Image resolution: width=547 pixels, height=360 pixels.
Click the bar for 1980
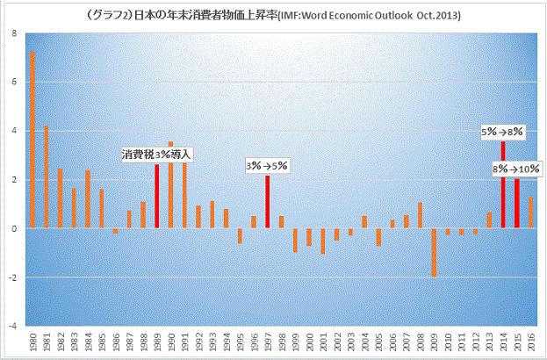(32, 140)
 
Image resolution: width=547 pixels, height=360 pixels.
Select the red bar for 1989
(157, 196)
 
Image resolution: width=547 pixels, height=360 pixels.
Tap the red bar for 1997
(267, 202)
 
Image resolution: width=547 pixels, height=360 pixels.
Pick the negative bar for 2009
(434, 253)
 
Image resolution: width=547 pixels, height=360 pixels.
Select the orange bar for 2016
(531, 212)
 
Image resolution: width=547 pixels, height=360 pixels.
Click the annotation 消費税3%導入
(156, 155)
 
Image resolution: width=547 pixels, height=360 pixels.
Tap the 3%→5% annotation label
(267, 165)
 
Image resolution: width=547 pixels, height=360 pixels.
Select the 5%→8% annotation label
(502, 132)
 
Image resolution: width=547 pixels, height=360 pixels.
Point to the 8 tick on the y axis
(12, 33)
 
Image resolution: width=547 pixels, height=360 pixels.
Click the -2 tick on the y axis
(11, 277)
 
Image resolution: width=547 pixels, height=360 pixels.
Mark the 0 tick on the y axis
(12, 228)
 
